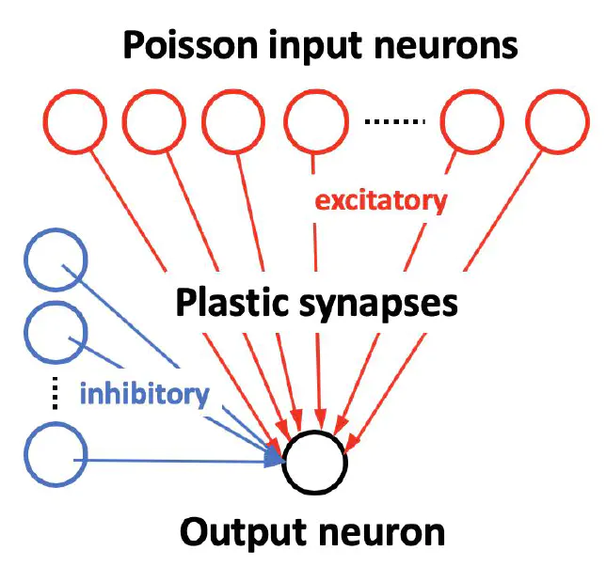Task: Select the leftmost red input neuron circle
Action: pyautogui.click(x=75, y=122)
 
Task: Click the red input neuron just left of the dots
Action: pyautogui.click(x=314, y=122)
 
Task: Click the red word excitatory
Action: pyautogui.click(x=380, y=200)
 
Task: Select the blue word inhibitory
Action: pyautogui.click(x=145, y=393)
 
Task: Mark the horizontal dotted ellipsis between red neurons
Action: pyautogui.click(x=395, y=122)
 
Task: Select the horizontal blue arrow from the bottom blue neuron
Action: pyautogui.click(x=179, y=461)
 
